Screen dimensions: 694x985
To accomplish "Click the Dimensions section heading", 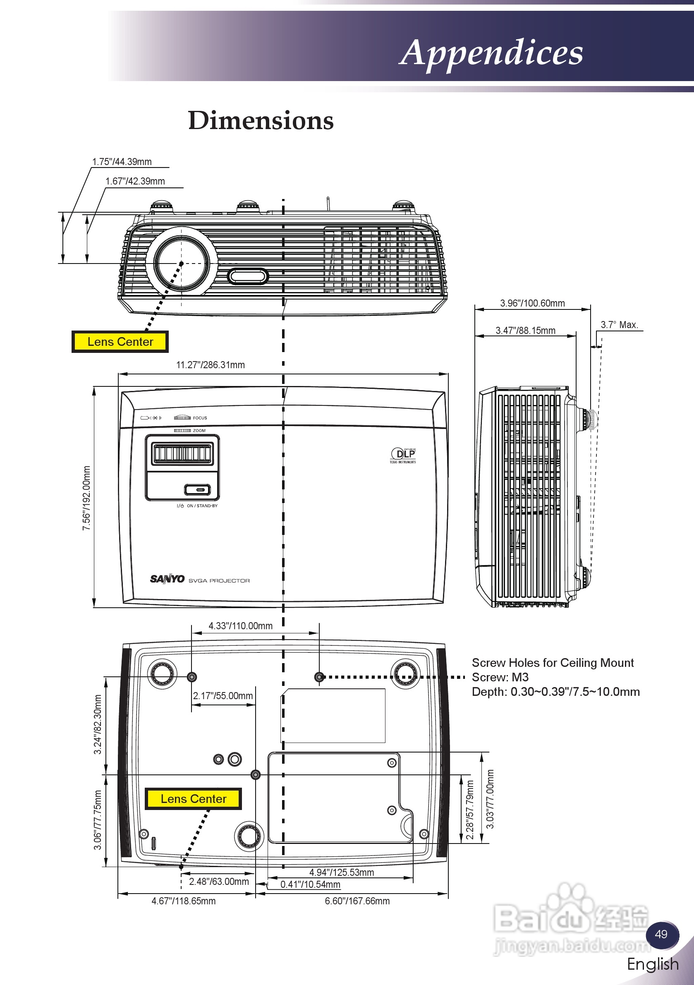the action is point(261,120).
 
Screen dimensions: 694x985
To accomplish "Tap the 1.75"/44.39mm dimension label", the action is point(122,162).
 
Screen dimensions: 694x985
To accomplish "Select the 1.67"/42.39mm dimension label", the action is point(135,181).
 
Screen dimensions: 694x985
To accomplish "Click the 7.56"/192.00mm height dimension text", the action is point(86,498).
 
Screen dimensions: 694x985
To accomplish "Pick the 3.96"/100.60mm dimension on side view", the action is point(532,303).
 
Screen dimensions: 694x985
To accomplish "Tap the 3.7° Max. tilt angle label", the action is point(620,325).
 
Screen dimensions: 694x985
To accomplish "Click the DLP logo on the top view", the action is point(403,455).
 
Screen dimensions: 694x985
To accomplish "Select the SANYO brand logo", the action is point(167,579).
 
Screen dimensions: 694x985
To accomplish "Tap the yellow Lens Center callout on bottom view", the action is point(194,799).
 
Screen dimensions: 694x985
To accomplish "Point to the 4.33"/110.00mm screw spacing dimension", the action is point(241,626).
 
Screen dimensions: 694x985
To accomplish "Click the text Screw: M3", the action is point(500,677).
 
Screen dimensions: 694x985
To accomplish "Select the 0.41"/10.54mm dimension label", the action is point(311,884).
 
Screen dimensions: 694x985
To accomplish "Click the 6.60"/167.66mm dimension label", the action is point(357,901).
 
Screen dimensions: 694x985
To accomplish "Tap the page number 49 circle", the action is point(662,935).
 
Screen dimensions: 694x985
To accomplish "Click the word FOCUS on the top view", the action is point(200,418).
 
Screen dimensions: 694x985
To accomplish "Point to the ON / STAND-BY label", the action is point(202,506).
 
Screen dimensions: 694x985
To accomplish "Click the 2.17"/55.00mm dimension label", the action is point(223,696).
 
